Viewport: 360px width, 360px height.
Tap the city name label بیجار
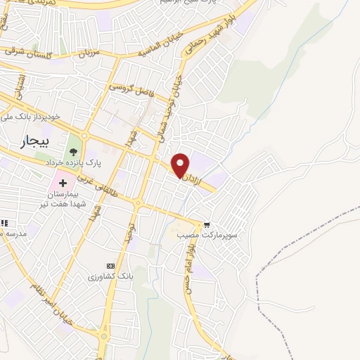[x=27, y=140]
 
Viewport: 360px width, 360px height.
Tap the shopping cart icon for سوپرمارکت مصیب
[x=207, y=225]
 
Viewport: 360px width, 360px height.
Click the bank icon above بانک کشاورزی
[x=109, y=265]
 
